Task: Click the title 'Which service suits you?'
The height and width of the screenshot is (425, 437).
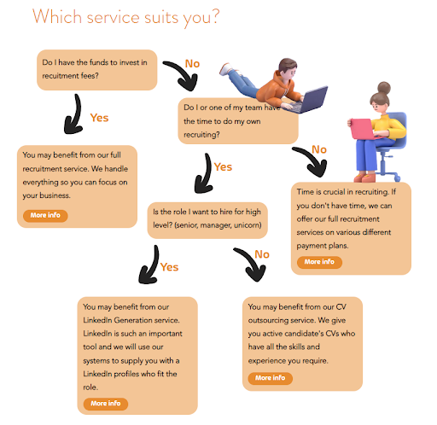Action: point(126,17)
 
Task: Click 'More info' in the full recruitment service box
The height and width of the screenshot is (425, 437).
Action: point(45,215)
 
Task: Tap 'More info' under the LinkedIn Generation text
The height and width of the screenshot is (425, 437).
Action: point(106,404)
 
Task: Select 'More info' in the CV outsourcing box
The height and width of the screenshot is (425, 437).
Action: point(270,378)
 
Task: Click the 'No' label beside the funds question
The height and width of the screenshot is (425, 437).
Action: point(192,64)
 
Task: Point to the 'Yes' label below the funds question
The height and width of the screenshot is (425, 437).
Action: point(99,118)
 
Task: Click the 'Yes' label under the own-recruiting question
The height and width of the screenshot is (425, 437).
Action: point(223,167)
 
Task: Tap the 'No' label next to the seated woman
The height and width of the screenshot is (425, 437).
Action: point(319,149)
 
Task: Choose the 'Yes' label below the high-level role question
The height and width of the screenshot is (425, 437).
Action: point(169,267)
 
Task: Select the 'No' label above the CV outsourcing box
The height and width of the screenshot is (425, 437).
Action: point(262,254)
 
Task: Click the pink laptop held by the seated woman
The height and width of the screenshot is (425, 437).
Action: point(362,129)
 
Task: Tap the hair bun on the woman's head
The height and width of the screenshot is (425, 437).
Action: point(384,87)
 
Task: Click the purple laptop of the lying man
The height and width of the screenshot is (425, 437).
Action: point(312,99)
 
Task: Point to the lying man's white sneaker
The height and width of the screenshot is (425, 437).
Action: point(226,69)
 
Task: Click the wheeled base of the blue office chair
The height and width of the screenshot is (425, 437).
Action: point(387,172)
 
